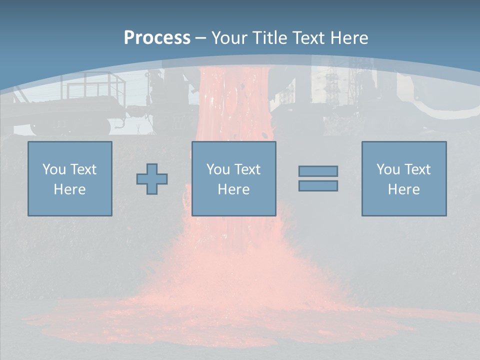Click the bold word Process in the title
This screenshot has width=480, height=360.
(x=157, y=38)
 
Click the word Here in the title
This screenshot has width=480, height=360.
(x=349, y=38)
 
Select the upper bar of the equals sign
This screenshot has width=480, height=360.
(x=318, y=171)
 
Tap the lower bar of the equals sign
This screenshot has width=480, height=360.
(x=318, y=185)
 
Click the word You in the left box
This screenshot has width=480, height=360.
(x=54, y=169)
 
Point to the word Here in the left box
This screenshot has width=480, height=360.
(x=69, y=189)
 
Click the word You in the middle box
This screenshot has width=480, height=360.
(x=218, y=169)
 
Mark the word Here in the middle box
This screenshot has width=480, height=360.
(x=233, y=189)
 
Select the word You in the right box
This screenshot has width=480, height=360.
(x=388, y=169)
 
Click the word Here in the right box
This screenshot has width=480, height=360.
(x=403, y=189)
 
